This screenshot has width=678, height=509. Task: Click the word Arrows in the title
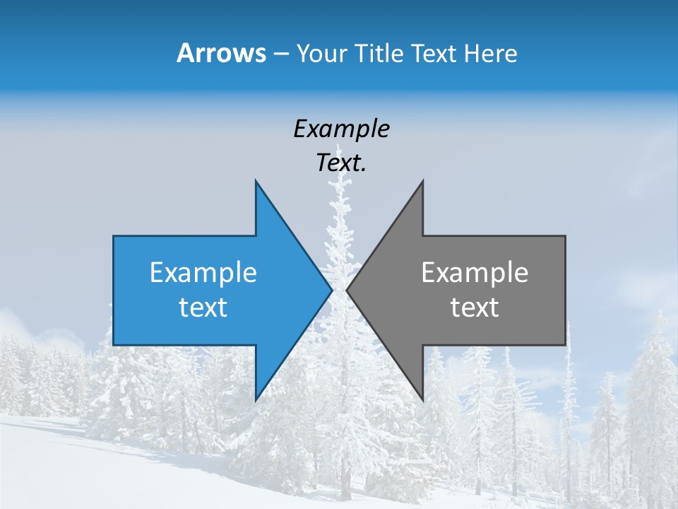click(x=220, y=53)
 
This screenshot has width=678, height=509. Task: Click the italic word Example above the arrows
click(x=341, y=129)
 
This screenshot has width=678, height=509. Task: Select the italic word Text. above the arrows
click(x=341, y=163)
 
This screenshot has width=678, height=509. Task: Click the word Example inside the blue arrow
click(x=203, y=272)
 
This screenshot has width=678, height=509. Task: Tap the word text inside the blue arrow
click(x=203, y=308)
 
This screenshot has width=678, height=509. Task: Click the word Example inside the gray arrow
click(x=475, y=272)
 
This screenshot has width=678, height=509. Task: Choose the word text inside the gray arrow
click(x=475, y=308)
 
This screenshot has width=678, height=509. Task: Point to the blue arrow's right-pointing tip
click(x=332, y=290)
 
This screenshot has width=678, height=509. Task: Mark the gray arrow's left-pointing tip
click(x=347, y=290)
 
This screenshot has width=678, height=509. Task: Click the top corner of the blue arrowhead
click(x=256, y=181)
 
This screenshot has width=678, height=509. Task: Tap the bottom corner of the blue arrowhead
click(x=256, y=400)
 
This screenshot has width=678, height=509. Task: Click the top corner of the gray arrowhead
click(x=422, y=181)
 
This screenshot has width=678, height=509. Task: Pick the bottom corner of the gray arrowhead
click(x=422, y=400)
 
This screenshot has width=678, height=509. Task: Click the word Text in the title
click(x=434, y=54)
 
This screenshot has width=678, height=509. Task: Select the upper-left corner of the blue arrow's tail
click(x=114, y=236)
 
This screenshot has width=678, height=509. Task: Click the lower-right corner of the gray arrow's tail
click(x=565, y=344)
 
